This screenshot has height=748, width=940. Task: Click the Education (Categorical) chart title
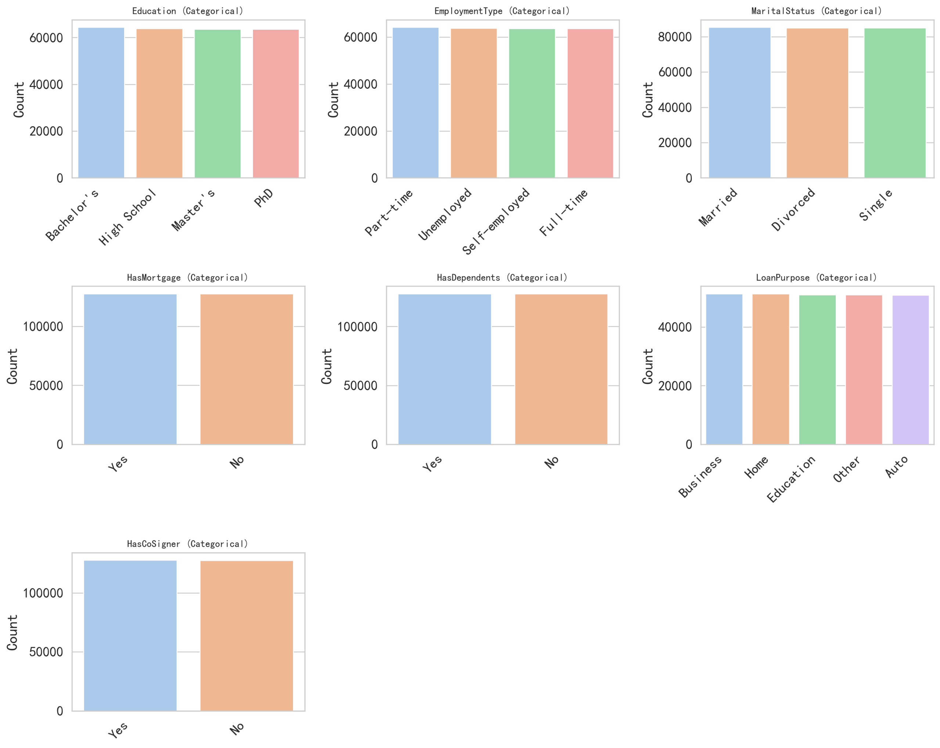(188, 11)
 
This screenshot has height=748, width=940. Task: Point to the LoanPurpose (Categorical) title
(817, 278)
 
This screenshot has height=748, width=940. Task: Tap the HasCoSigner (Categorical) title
(188, 544)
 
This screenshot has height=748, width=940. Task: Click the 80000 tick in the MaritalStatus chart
(675, 37)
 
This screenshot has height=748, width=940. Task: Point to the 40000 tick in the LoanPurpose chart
(675, 327)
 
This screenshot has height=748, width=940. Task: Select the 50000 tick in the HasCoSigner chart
(46, 652)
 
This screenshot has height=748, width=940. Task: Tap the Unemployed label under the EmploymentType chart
(445, 214)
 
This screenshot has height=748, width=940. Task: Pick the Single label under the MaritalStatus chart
(876, 205)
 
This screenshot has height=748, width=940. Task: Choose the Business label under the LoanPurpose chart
(700, 476)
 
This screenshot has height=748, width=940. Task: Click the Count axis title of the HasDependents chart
(327, 366)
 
